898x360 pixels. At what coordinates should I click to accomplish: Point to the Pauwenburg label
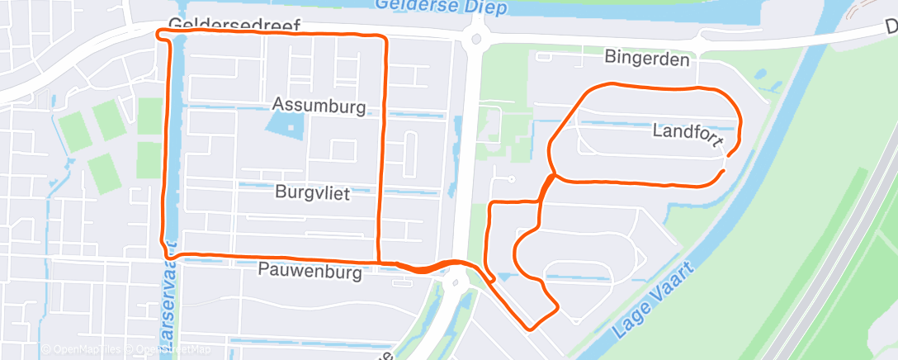[x=310, y=271]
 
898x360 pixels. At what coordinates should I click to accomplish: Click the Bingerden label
[x=646, y=59]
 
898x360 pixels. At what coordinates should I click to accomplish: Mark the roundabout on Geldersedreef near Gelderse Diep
[x=476, y=38]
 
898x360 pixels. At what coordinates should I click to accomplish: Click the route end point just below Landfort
[x=724, y=170]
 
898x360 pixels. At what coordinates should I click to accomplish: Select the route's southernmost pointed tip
[x=528, y=328]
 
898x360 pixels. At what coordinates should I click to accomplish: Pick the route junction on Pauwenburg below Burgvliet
[x=379, y=262]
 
